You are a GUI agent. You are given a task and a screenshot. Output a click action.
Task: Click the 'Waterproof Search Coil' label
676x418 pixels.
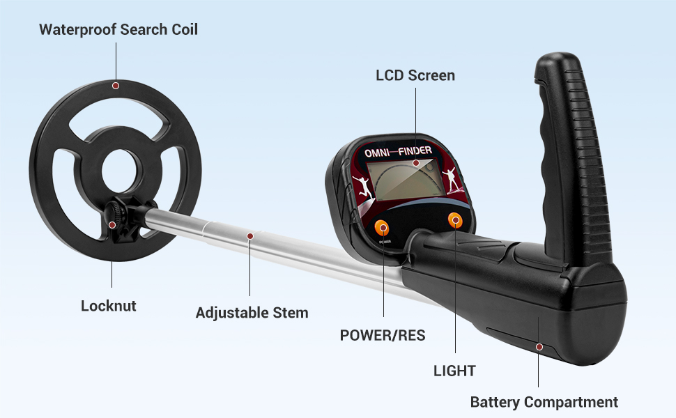(x=118, y=29)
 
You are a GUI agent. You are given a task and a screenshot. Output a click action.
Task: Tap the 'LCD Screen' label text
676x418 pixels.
(x=415, y=75)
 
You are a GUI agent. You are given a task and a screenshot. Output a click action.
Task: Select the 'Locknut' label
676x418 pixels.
(x=109, y=306)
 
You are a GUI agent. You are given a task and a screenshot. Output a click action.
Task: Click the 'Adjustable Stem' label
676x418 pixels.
(x=252, y=313)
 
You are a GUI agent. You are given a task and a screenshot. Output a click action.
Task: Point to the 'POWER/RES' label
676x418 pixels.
(x=383, y=335)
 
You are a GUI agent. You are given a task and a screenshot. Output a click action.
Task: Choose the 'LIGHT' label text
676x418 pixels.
(x=454, y=371)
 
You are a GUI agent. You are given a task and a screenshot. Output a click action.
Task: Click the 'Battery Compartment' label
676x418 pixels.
(x=544, y=402)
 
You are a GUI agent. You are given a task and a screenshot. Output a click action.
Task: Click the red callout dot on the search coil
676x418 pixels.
(x=116, y=86)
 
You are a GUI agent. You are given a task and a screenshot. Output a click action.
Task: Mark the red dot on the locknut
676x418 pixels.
(x=112, y=224)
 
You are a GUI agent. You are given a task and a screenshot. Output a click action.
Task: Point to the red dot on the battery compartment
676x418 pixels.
(x=538, y=346)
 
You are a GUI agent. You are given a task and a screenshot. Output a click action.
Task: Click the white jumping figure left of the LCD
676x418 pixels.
(x=362, y=186)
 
